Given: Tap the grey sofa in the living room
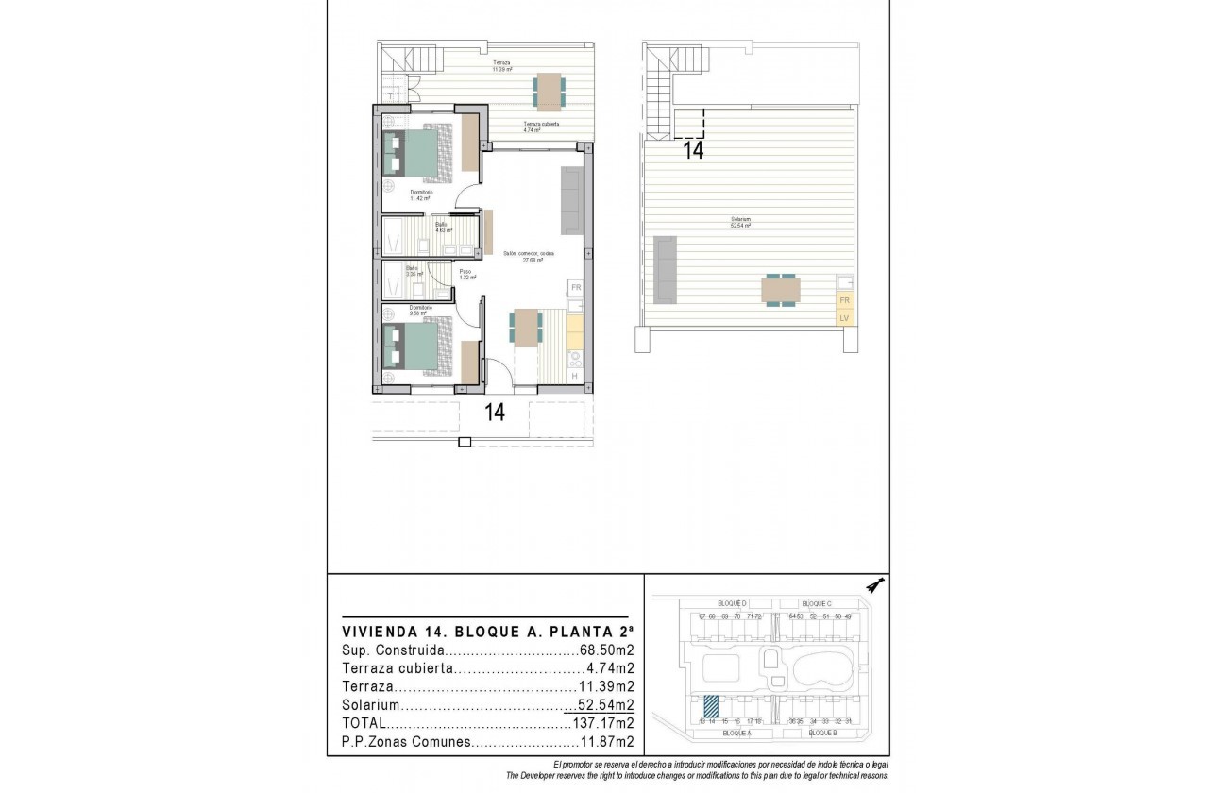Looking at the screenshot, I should (x=571, y=199).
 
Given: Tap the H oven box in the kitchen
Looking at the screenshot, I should (x=574, y=377).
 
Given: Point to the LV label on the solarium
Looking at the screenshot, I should (x=844, y=318).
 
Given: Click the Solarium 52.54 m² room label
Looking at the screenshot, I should (x=740, y=224).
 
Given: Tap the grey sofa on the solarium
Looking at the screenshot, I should (x=665, y=268).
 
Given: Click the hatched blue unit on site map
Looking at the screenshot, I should (x=711, y=705).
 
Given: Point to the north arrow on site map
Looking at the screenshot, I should (x=874, y=586).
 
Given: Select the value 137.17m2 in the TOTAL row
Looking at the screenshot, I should (x=602, y=723).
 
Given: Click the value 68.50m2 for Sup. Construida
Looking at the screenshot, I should (x=605, y=650).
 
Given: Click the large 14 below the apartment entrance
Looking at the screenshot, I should (x=494, y=412).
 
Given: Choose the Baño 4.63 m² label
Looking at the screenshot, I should (x=443, y=227).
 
